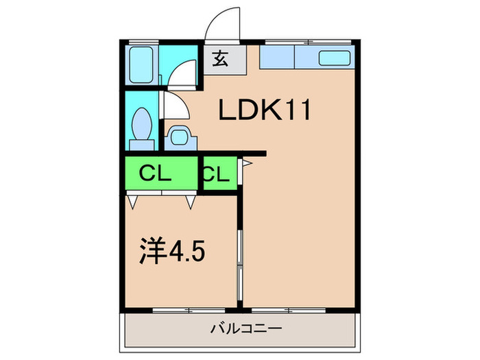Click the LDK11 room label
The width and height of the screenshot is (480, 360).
point(265,110)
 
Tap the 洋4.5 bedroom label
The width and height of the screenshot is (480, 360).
point(172,252)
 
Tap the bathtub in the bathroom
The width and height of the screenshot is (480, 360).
point(143,66)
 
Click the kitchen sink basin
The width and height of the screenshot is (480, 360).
point(335,58)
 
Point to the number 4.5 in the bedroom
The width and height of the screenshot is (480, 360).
point(188,252)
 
